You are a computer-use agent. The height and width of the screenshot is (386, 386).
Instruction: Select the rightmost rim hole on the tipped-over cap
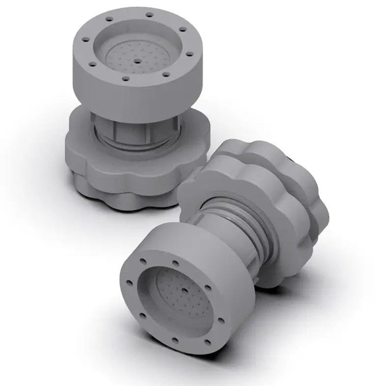point(221,319)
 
